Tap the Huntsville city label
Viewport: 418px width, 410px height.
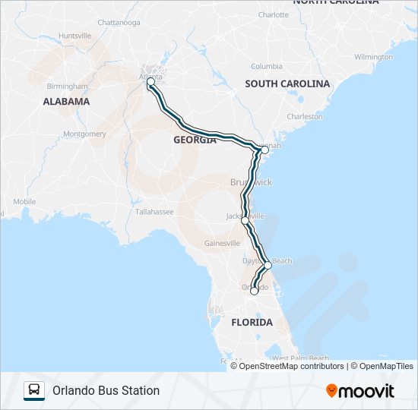click(x=74, y=36)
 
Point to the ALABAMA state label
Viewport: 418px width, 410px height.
click(x=66, y=101)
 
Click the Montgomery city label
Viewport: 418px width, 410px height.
click(x=85, y=134)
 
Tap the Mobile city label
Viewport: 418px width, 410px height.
click(x=24, y=201)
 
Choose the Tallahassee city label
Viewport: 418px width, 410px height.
click(x=154, y=212)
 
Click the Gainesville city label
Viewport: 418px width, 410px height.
click(x=223, y=244)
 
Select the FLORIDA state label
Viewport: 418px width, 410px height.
click(x=252, y=322)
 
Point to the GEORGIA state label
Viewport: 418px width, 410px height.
click(x=195, y=140)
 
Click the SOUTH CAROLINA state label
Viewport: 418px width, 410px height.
click(x=287, y=84)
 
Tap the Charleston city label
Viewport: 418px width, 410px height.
click(x=305, y=116)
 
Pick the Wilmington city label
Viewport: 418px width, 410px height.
click(x=373, y=57)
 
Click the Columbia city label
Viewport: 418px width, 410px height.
click(x=267, y=66)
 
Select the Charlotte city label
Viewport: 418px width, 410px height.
click(x=274, y=14)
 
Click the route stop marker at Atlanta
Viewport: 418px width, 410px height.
click(x=150, y=81)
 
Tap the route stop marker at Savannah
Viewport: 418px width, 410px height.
click(x=264, y=150)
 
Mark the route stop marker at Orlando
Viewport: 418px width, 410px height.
click(x=254, y=290)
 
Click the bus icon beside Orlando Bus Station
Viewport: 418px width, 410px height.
click(x=34, y=390)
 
